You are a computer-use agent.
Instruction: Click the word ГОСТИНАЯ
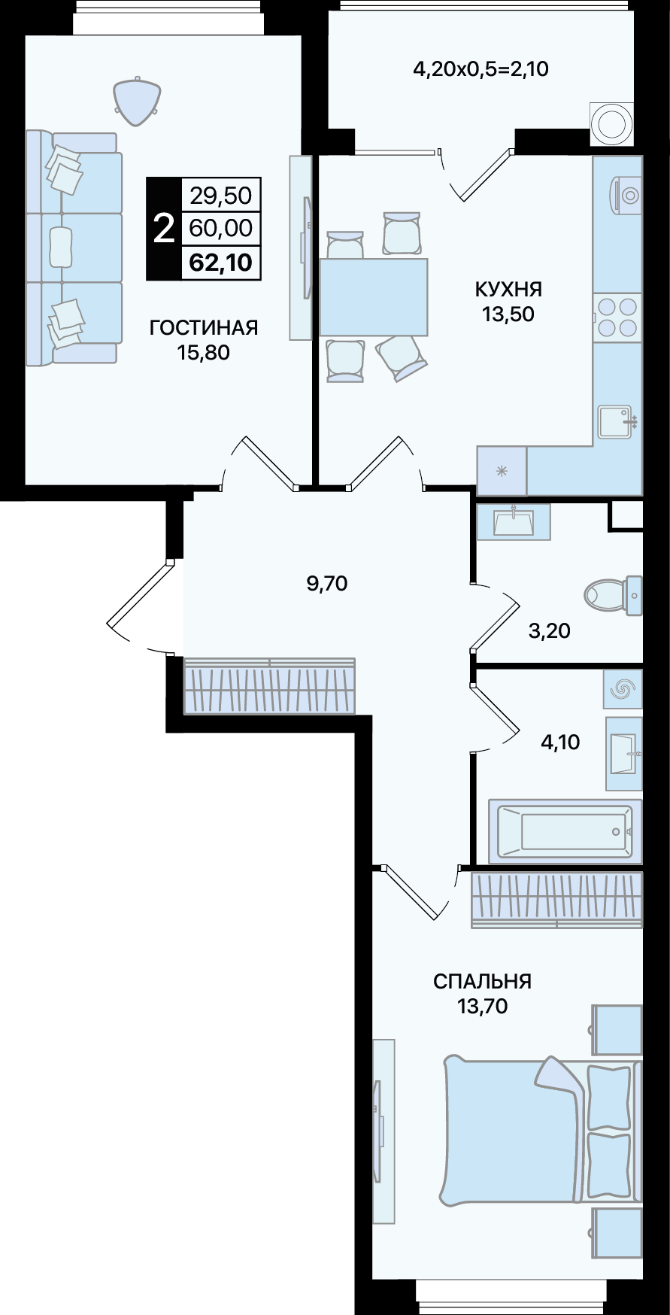203,327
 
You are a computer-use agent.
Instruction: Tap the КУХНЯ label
508,289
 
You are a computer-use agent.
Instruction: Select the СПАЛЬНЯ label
482,981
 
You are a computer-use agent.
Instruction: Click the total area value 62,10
220,263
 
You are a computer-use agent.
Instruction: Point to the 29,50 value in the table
220,196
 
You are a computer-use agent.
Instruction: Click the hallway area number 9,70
327,583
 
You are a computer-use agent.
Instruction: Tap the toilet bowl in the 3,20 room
612,596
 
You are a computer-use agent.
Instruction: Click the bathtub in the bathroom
565,831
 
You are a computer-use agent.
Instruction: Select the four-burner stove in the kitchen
617,317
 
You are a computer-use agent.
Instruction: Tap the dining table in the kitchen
374,297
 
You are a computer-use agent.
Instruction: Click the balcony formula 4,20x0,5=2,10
481,70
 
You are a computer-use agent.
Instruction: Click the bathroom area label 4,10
560,743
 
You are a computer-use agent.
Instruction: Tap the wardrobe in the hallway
269,686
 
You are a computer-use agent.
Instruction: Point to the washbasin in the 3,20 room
514,521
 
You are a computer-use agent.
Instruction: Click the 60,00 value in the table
220,229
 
